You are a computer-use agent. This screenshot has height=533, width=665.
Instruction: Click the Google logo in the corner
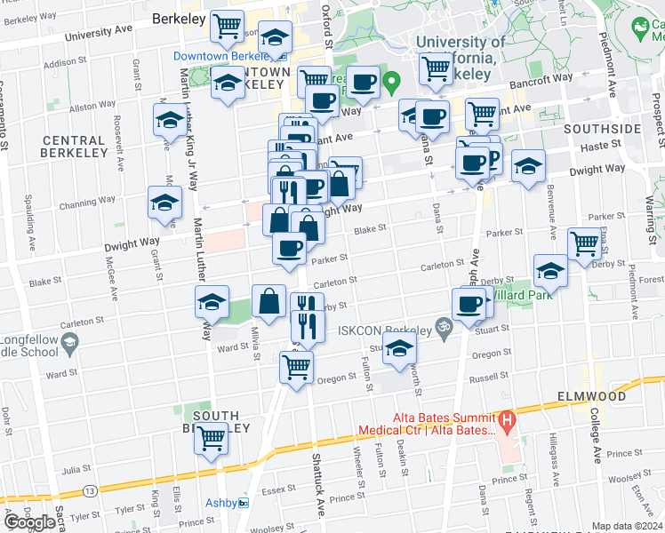coord(29,521)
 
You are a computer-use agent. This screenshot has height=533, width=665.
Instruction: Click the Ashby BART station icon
coord(243,503)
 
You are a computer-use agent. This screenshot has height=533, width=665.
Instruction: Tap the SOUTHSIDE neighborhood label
coord(602,129)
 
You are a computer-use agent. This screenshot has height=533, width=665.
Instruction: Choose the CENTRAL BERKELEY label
coord(74,147)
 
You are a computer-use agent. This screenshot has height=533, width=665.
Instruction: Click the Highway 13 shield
coord(91,490)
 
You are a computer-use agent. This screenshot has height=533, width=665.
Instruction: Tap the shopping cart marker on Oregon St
coord(296,364)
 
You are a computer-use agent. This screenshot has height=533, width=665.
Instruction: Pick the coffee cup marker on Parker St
coord(289,248)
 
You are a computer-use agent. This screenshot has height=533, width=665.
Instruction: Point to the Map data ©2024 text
coord(628,526)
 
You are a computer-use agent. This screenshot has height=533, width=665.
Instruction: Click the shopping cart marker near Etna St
coord(583,242)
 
